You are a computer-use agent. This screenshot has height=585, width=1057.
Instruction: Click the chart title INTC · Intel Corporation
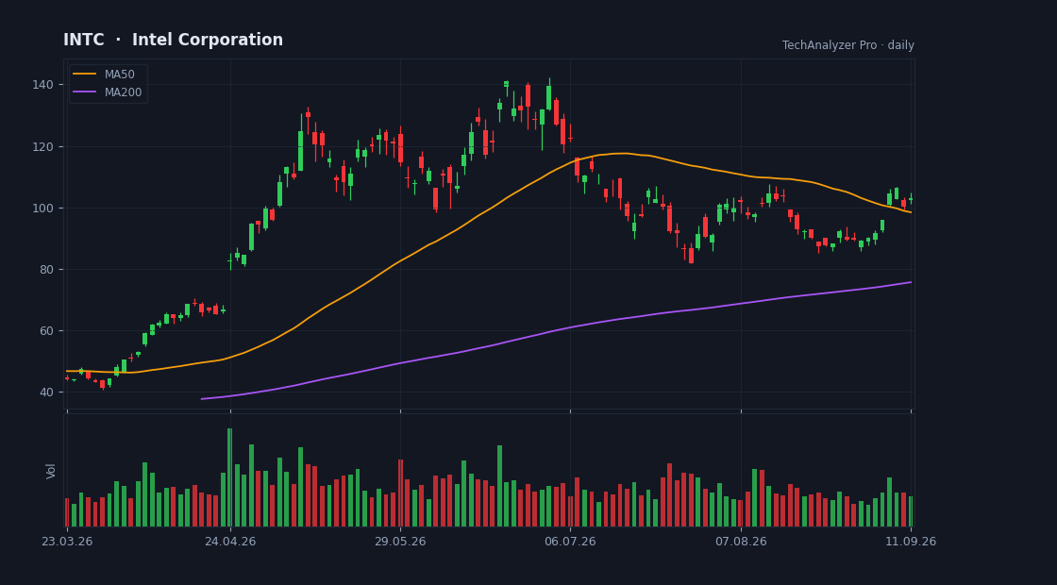[x=174, y=40]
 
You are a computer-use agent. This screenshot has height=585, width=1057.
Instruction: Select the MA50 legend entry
[x=108, y=75]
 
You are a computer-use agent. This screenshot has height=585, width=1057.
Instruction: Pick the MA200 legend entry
[x=108, y=92]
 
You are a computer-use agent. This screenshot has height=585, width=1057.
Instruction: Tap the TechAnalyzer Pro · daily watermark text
[x=848, y=45]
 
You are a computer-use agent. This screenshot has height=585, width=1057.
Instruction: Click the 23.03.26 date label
[x=67, y=542]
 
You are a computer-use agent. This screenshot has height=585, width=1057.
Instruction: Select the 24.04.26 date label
[x=230, y=542]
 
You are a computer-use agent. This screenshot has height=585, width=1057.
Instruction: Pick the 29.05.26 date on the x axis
[x=400, y=542]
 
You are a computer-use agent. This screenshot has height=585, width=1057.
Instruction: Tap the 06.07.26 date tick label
[x=570, y=542]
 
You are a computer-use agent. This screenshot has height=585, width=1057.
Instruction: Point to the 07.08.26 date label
[x=741, y=542]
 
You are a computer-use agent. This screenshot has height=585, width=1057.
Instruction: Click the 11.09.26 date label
[x=911, y=542]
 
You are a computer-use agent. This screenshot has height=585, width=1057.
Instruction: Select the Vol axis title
[x=51, y=471]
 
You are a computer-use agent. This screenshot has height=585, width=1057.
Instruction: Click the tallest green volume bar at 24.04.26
[x=230, y=477]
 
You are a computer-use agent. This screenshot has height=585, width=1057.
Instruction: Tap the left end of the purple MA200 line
[x=201, y=399]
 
